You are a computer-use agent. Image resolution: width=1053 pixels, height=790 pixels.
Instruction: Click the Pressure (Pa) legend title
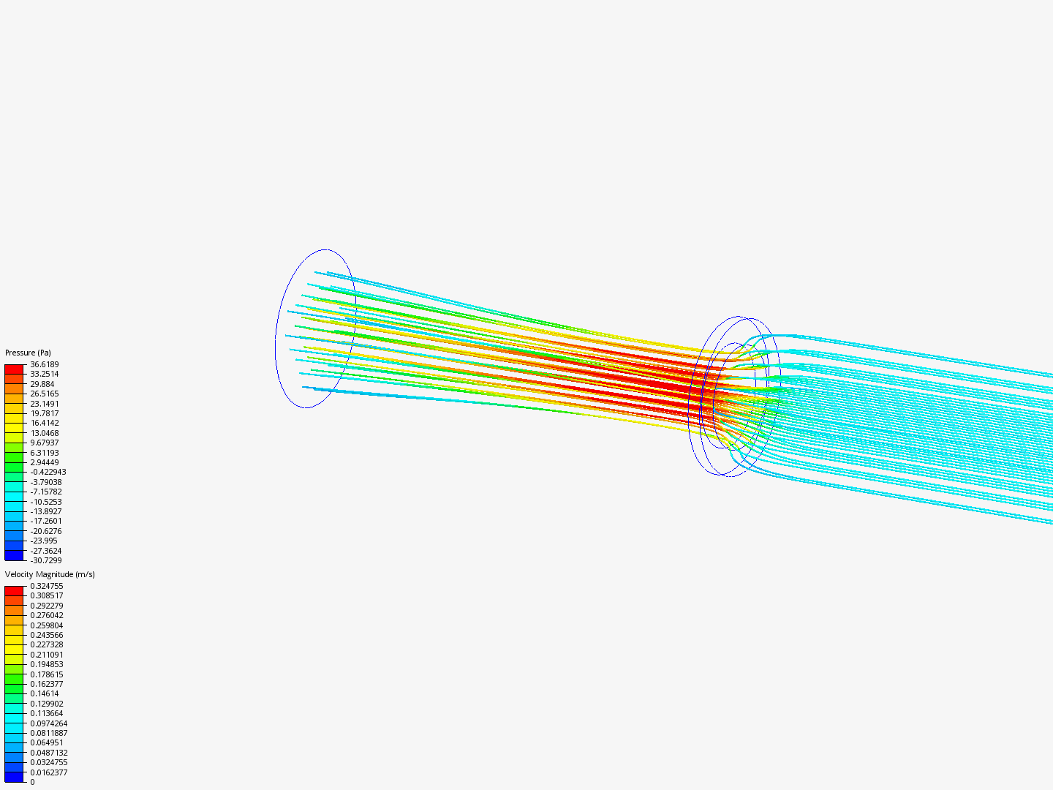[x=28, y=353]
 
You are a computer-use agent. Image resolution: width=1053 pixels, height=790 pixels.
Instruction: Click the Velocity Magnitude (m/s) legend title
[x=50, y=574]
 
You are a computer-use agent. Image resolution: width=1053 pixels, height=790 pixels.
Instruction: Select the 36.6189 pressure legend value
[x=44, y=364]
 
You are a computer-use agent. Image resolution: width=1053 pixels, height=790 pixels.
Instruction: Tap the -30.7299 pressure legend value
[x=46, y=560]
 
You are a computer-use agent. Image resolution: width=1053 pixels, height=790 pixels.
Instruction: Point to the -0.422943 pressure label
[x=48, y=472]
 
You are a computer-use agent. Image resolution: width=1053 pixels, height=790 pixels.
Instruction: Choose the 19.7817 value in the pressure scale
[x=44, y=413]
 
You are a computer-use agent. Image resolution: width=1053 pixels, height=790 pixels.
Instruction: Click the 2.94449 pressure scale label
[x=44, y=462]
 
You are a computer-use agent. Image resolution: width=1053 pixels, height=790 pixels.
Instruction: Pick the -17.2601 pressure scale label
[x=46, y=521]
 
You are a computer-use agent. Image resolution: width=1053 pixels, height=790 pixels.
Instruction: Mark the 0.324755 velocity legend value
[x=47, y=586]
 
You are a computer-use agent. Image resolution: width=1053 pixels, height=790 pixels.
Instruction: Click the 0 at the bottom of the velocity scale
[x=32, y=783]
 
